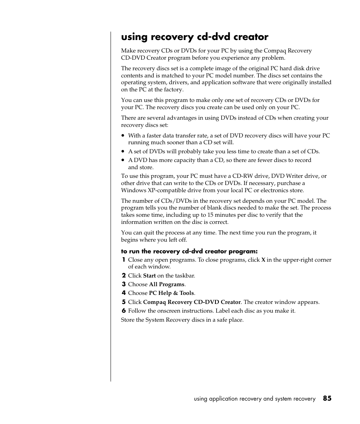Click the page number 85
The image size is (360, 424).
click(x=327, y=398)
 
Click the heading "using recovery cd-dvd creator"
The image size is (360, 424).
click(x=195, y=37)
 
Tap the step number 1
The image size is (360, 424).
click(x=123, y=260)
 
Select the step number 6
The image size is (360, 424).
click(x=123, y=311)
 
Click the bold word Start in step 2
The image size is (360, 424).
click(x=149, y=276)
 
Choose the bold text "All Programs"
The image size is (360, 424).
click(x=166, y=284)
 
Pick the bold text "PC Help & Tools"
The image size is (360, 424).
click(x=172, y=293)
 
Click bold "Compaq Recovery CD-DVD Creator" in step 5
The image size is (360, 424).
click(x=192, y=302)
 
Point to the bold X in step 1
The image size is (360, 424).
click(x=263, y=260)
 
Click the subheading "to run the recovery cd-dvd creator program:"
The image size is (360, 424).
click(x=189, y=251)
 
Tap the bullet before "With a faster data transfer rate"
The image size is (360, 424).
click(x=123, y=136)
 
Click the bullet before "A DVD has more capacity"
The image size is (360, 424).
click(x=123, y=160)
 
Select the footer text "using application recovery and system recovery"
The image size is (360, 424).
click(x=254, y=399)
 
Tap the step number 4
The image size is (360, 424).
click(x=123, y=293)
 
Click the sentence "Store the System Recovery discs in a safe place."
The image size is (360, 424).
click(x=182, y=320)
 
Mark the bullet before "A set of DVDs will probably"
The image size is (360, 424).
click(x=123, y=152)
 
